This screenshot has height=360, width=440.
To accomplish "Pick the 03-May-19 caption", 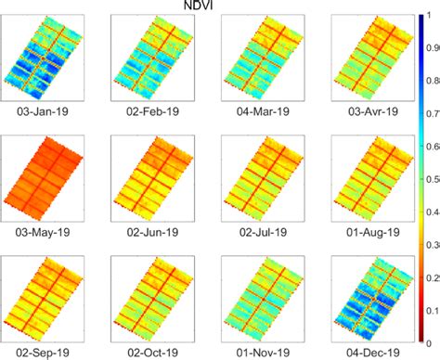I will tap(44, 231).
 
